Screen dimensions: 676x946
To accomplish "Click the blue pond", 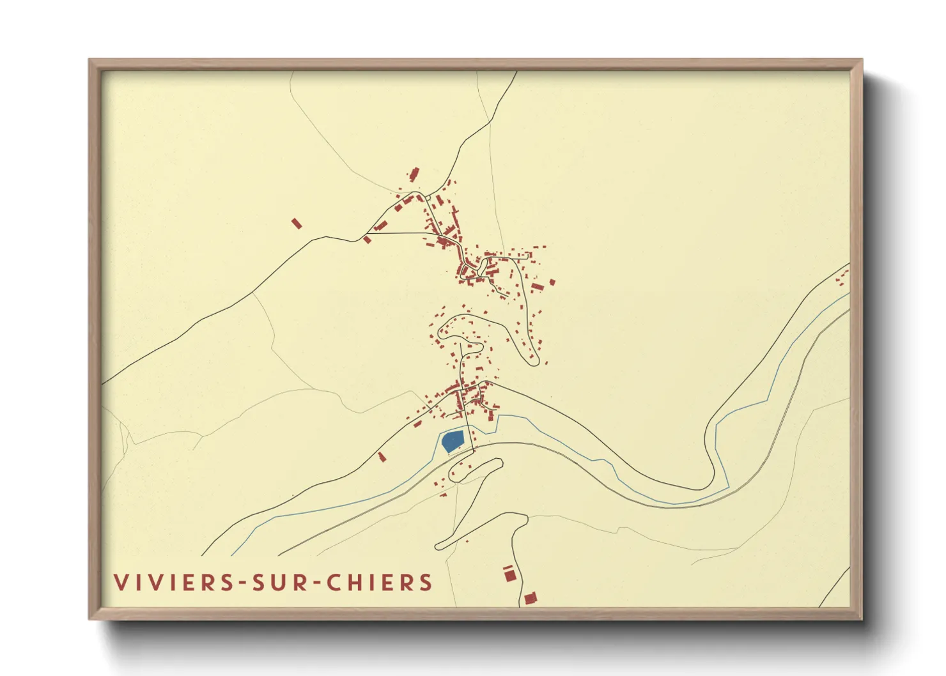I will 453,440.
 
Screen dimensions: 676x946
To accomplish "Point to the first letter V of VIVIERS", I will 120,583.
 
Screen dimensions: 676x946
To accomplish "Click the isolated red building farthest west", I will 296,223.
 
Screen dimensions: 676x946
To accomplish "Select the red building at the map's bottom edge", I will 530,599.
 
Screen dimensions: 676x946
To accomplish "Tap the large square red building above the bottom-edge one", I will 509,575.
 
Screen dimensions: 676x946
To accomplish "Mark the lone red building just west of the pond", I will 382,456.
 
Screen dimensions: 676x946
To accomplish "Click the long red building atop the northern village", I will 414,173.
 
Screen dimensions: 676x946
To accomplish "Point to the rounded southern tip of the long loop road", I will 534,362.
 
